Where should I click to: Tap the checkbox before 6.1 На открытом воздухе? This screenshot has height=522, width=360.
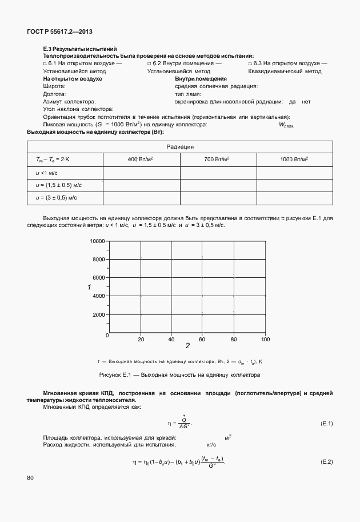point(45,63)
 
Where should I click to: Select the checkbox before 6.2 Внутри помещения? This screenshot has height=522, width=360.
point(149,63)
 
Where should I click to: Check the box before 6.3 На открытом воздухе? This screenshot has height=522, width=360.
point(250,63)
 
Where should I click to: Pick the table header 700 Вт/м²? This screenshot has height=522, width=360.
point(218,158)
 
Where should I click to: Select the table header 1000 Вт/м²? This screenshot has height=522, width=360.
point(294,158)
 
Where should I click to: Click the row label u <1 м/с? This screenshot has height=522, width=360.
point(48,172)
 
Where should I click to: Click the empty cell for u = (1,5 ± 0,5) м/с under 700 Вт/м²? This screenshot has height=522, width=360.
point(218,184)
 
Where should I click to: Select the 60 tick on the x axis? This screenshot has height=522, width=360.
point(202,340)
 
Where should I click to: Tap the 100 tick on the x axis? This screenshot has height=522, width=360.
point(265,340)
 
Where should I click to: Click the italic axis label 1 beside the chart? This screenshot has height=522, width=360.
point(89,287)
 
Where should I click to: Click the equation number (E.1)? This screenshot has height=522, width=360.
point(326,424)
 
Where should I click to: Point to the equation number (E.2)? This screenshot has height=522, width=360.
point(326,461)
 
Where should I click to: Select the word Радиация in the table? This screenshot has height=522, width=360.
point(179,146)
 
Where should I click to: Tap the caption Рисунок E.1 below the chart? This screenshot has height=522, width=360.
point(179,375)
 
